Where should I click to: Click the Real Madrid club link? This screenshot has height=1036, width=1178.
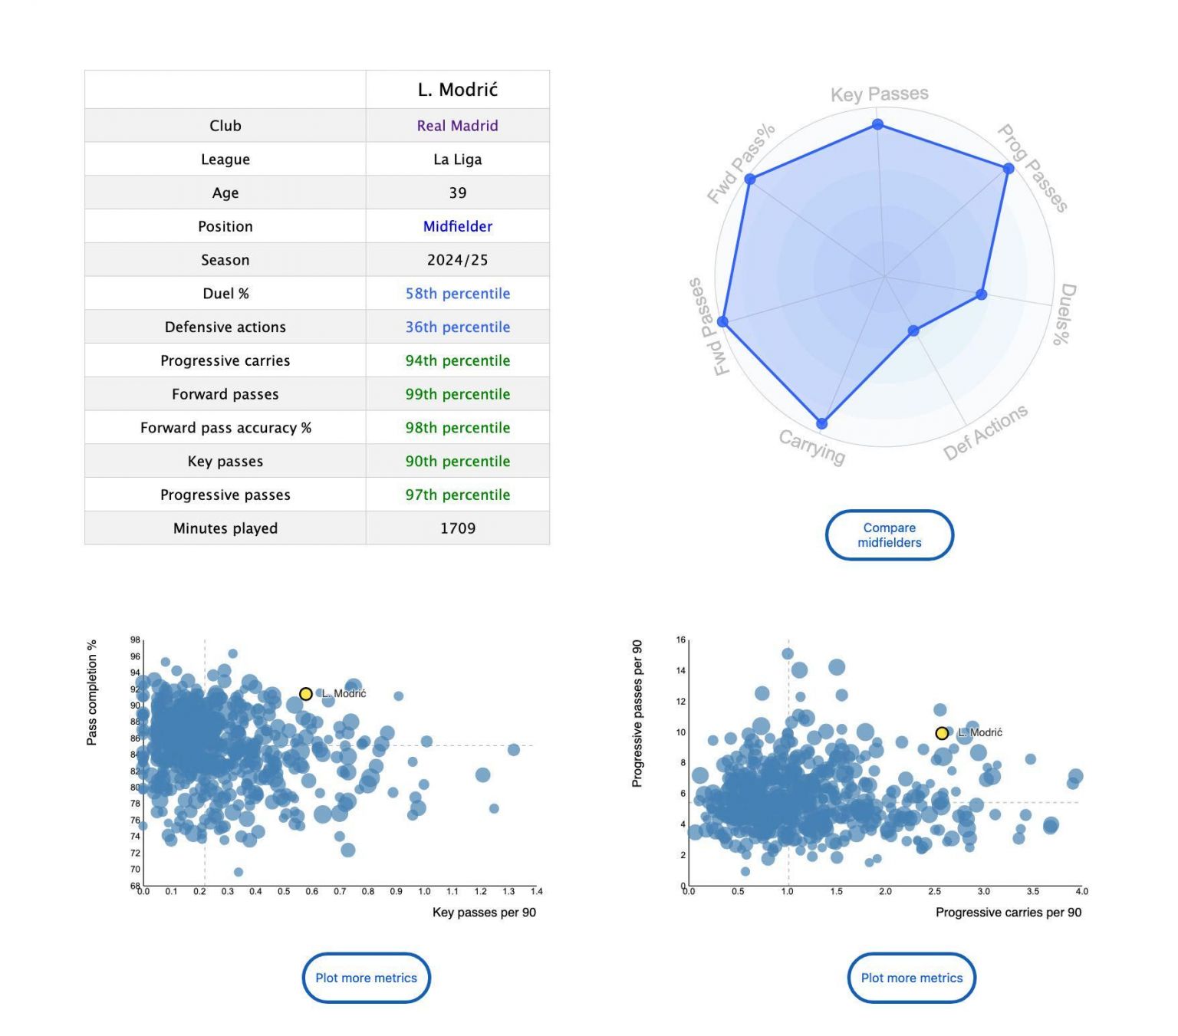click(x=457, y=126)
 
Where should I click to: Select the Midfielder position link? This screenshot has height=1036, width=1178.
click(x=457, y=226)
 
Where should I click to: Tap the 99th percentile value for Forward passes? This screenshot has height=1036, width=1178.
click(x=457, y=394)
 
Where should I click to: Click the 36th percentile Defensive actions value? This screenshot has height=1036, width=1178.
click(x=457, y=327)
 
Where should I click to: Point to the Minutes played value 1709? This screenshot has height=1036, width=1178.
click(x=457, y=528)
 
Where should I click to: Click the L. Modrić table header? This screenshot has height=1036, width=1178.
click(x=457, y=90)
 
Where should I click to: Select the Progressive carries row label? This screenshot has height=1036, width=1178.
click(x=225, y=360)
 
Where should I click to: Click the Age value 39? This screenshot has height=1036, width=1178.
click(x=457, y=192)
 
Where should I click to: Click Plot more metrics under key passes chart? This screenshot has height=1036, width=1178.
click(x=366, y=978)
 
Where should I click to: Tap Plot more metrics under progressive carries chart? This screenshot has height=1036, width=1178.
click(x=911, y=978)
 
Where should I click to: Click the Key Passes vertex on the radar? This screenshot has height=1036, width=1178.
click(x=877, y=124)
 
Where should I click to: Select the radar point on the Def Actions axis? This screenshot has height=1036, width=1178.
click(x=913, y=331)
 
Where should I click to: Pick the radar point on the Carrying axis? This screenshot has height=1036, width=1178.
click(x=821, y=423)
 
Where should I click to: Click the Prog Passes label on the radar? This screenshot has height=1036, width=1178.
click(x=1032, y=168)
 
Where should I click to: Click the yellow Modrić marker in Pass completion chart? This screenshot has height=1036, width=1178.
click(x=305, y=694)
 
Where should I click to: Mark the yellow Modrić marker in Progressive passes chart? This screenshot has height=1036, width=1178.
click(x=942, y=733)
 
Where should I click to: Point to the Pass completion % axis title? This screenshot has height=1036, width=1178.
click(x=92, y=692)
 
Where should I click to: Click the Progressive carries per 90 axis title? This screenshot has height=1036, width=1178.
click(x=1008, y=913)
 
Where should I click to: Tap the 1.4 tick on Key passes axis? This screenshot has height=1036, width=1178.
click(x=536, y=892)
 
